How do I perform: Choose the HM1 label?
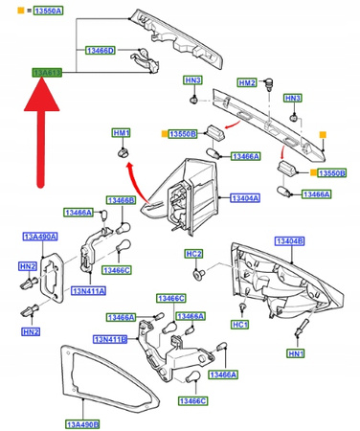(121, 131)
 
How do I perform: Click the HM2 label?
(248, 83)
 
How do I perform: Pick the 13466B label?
(122, 201)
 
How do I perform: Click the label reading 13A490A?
(40, 236)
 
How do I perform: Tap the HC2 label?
(193, 254)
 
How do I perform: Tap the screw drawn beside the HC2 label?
(200, 275)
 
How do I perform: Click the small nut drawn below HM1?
(122, 152)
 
